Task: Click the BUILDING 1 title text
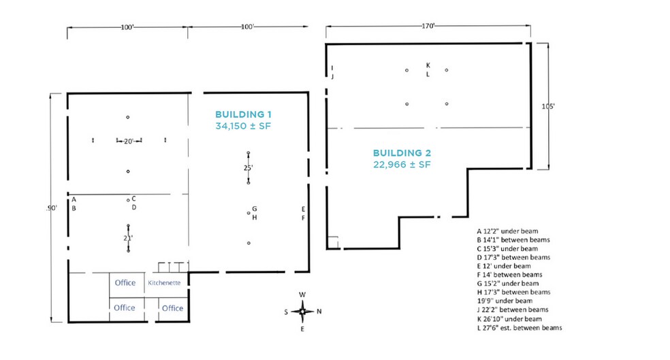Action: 243,114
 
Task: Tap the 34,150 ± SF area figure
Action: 243,126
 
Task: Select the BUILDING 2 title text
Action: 402,153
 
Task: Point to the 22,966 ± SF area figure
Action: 402,165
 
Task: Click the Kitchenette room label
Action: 164,282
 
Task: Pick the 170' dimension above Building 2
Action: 428,26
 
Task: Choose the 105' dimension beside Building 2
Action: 548,106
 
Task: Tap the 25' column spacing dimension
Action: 248,168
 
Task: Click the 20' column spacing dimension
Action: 129,142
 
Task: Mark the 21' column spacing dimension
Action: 128,238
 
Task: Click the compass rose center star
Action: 302,312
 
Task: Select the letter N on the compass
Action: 319,311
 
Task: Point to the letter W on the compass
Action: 302,295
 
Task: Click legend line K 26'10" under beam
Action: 509,319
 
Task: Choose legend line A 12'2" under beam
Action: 508,231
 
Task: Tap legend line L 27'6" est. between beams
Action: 520,328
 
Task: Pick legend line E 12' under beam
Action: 505,266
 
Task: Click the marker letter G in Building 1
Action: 254,209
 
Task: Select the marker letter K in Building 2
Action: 428,65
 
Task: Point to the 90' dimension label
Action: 52,208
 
